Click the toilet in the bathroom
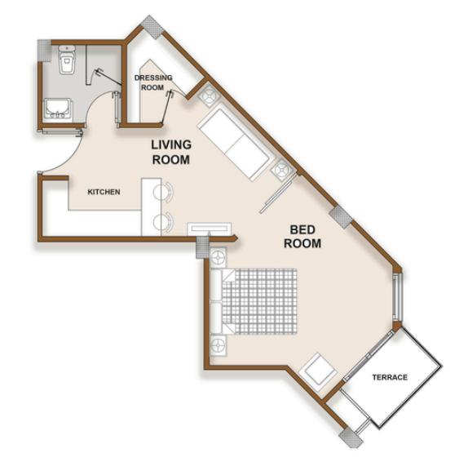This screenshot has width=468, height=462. point(67,59)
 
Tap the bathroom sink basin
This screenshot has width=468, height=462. point(58,109)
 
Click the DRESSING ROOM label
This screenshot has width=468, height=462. point(153,82)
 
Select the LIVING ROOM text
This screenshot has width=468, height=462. point(171,152)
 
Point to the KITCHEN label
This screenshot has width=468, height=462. point(104,192)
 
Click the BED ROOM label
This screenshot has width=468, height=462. point(302,237)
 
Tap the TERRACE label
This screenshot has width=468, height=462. point(390,377)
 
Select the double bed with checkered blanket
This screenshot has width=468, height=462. point(254,301)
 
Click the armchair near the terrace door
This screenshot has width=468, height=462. point(318,373)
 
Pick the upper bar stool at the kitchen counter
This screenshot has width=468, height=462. point(164,192)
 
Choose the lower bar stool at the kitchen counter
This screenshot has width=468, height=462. point(164,221)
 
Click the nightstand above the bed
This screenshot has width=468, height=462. point(219,257)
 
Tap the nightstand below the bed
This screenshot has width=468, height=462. point(219,346)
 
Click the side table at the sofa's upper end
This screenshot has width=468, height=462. point(208,95)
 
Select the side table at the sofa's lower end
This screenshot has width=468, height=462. point(282,171)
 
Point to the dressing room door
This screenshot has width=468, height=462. point(166,107)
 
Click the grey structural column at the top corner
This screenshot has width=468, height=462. point(152,27)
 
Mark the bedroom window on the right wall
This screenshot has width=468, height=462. point(396,297)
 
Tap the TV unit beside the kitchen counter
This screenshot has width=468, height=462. point(210,229)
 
